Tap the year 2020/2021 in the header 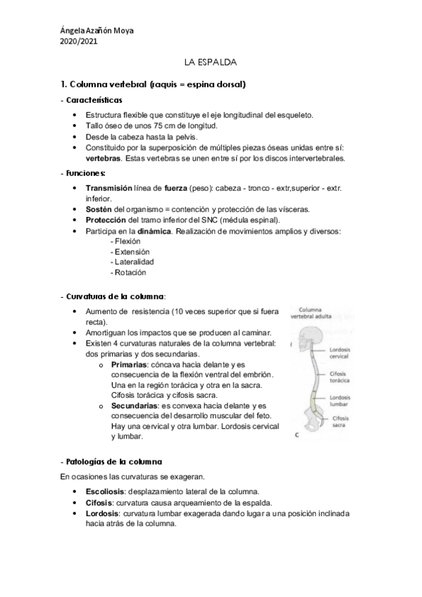79,41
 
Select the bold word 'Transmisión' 108,189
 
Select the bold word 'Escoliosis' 107,491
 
